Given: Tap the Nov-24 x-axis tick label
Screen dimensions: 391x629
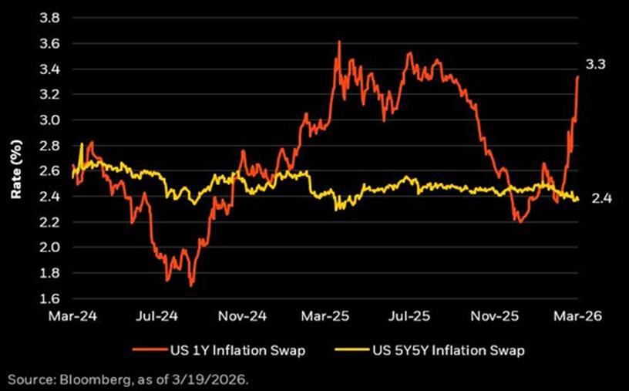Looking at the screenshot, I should (x=251, y=316).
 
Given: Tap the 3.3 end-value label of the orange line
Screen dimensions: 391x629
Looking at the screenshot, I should (x=596, y=66).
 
